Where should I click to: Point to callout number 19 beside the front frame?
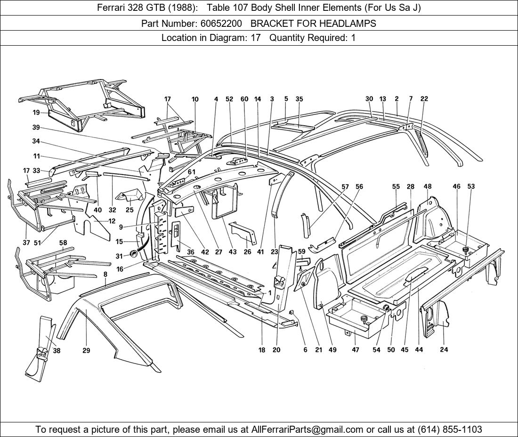click(36, 113)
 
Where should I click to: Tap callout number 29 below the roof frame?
click(87, 351)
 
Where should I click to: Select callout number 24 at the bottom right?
click(444, 349)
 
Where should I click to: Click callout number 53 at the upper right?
click(471, 186)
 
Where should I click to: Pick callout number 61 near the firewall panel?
click(191, 172)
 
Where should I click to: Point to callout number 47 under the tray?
click(355, 350)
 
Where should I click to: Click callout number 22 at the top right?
click(424, 99)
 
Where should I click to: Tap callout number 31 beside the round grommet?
click(119, 256)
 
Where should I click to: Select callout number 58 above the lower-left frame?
click(63, 243)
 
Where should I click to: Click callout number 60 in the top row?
click(244, 99)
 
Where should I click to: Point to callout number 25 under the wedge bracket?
click(129, 210)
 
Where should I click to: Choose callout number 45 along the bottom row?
click(405, 350)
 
